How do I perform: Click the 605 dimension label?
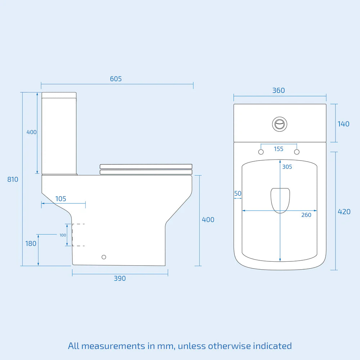tap(116, 79)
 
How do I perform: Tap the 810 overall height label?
tap(13, 179)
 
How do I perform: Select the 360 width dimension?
tap(279, 90)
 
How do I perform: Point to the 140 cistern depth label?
tap(343, 124)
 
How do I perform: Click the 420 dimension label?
tap(344, 212)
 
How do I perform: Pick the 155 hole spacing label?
tap(279, 149)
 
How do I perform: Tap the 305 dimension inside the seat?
tap(287, 167)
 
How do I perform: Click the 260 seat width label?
tap(306, 215)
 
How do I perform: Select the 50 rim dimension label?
tap(238, 194)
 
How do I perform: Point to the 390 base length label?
tap(120, 278)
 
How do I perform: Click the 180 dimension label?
tap(31, 243)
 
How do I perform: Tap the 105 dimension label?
tap(61, 199)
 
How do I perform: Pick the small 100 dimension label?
tap(63, 235)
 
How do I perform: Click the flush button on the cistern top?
tap(279, 124)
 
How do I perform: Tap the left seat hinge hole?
tap(261, 152)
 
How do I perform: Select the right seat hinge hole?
tap(297, 152)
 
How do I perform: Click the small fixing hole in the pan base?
tap(104, 257)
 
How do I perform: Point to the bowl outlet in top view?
tap(280, 200)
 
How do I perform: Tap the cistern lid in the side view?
tap(59, 95)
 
